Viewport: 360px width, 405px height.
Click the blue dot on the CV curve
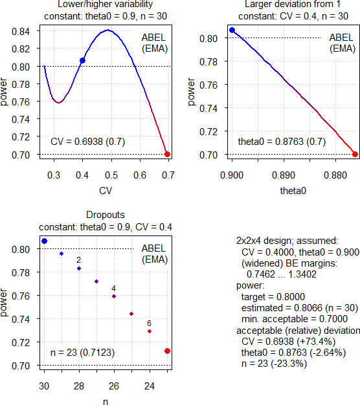point(82,60)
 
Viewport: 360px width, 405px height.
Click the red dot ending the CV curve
point(167,154)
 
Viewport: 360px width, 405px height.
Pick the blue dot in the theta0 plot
point(232,30)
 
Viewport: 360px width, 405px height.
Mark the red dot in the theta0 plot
point(355,154)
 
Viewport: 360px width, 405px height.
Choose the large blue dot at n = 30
point(44,241)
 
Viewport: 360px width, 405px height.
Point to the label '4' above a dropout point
point(114,289)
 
